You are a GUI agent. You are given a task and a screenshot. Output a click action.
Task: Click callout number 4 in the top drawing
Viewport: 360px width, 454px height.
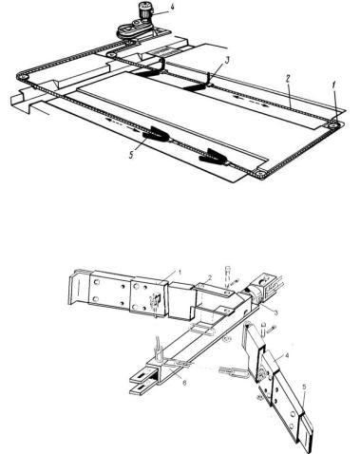coord(171,7)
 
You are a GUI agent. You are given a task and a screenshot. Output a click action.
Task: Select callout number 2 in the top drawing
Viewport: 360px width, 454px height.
coord(287,79)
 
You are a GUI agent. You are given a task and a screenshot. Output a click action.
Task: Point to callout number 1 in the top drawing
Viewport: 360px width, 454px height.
coord(334,85)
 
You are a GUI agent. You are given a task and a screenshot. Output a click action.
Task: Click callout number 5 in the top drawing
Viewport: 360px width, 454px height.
coord(131,157)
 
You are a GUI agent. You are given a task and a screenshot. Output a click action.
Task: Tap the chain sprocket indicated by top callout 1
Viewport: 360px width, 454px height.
coord(332,125)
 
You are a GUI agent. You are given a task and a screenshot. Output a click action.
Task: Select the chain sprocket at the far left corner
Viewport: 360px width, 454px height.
coord(21,77)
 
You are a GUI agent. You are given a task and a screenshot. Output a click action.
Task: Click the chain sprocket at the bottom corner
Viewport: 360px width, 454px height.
coord(260,174)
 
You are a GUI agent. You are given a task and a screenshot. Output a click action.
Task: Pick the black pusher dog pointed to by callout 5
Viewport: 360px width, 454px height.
coord(155,133)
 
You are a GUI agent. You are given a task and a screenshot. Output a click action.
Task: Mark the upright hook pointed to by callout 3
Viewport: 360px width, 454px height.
coord(209,79)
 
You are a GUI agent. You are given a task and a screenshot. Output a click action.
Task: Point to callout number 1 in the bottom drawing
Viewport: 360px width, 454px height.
coord(180,272)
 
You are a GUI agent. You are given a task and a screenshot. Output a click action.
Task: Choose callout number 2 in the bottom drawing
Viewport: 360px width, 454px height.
coord(209,277)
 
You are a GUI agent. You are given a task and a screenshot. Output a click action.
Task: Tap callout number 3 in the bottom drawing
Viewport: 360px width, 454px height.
coord(275,312)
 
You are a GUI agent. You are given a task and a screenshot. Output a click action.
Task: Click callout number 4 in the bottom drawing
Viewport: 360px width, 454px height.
coord(287,355)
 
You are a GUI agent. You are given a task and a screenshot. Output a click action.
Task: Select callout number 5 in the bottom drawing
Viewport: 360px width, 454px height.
coord(305,387)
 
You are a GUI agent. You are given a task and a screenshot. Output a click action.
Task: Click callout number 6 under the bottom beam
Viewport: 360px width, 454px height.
coord(184,382)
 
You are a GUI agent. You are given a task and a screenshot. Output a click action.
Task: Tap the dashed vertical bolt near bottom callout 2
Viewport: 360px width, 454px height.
coord(227,278)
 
